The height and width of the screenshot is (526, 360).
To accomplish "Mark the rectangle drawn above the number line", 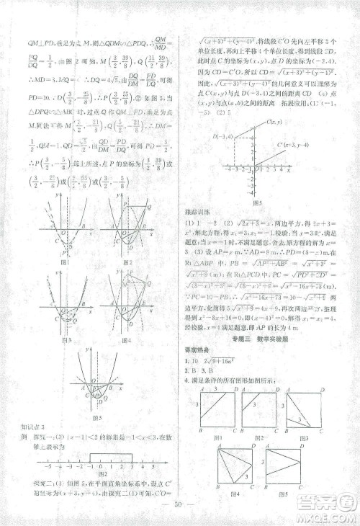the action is pyautogui.click(x=112, y=456).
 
